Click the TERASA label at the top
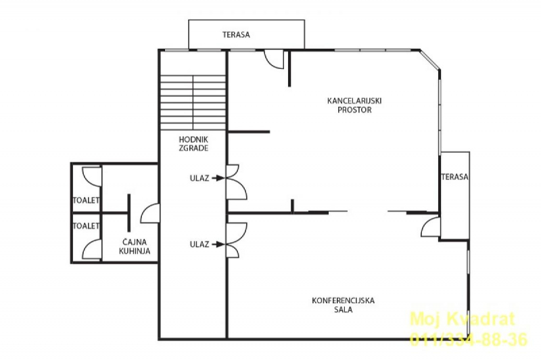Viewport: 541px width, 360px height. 236,35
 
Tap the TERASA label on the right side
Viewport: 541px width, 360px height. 454,177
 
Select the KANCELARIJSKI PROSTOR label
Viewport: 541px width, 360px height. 354,106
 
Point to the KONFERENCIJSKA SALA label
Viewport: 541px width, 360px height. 344,305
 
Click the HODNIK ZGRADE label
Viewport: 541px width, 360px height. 193,144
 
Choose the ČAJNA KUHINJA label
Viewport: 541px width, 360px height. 135,246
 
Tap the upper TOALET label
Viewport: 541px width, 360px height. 87,200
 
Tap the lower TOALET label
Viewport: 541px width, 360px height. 87,226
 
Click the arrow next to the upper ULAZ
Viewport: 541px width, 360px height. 218,178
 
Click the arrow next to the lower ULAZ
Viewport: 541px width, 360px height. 218,244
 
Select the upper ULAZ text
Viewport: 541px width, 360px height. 199,178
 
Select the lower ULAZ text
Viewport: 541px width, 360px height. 199,244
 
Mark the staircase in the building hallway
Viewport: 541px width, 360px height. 193,102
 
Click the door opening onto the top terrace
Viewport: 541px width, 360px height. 275,60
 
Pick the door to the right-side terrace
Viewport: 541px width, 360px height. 431,227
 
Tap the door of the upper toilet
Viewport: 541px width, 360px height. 92,177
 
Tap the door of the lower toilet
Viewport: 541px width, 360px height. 92,249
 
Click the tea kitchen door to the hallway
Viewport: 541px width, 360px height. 150,213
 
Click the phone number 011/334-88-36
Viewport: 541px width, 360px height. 468,339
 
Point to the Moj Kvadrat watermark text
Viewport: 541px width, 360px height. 463,319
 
